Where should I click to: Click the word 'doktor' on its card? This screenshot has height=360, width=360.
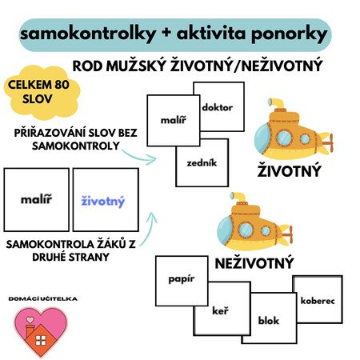click(x=218, y=107)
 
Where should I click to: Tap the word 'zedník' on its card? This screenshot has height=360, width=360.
click(x=202, y=162)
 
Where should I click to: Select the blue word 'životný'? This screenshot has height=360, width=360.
click(x=103, y=202)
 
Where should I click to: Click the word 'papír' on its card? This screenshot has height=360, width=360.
click(x=182, y=279)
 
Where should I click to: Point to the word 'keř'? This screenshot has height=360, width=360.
click(x=220, y=310)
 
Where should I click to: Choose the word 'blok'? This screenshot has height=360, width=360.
click(x=269, y=320)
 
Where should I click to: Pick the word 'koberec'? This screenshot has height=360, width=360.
click(x=318, y=301)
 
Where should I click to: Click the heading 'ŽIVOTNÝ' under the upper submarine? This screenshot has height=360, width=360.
click(x=289, y=171)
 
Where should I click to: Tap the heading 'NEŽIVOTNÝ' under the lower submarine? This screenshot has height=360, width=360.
click(x=254, y=263)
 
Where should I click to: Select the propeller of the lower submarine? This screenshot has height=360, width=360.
click(x=288, y=234)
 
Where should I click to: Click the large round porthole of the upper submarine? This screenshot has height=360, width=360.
click(x=284, y=138)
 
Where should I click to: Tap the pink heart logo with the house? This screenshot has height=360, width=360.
click(x=41, y=331)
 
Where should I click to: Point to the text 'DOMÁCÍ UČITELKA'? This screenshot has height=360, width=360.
click(x=43, y=298)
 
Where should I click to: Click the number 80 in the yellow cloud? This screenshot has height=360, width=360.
click(x=62, y=85)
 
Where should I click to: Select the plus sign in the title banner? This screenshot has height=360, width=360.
click(x=166, y=34)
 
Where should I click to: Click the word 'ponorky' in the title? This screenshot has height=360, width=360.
click(x=289, y=35)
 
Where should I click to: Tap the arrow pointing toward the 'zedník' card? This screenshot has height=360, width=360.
click(x=139, y=158)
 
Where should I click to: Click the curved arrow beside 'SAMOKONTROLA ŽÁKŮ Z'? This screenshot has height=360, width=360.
click(x=149, y=228)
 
